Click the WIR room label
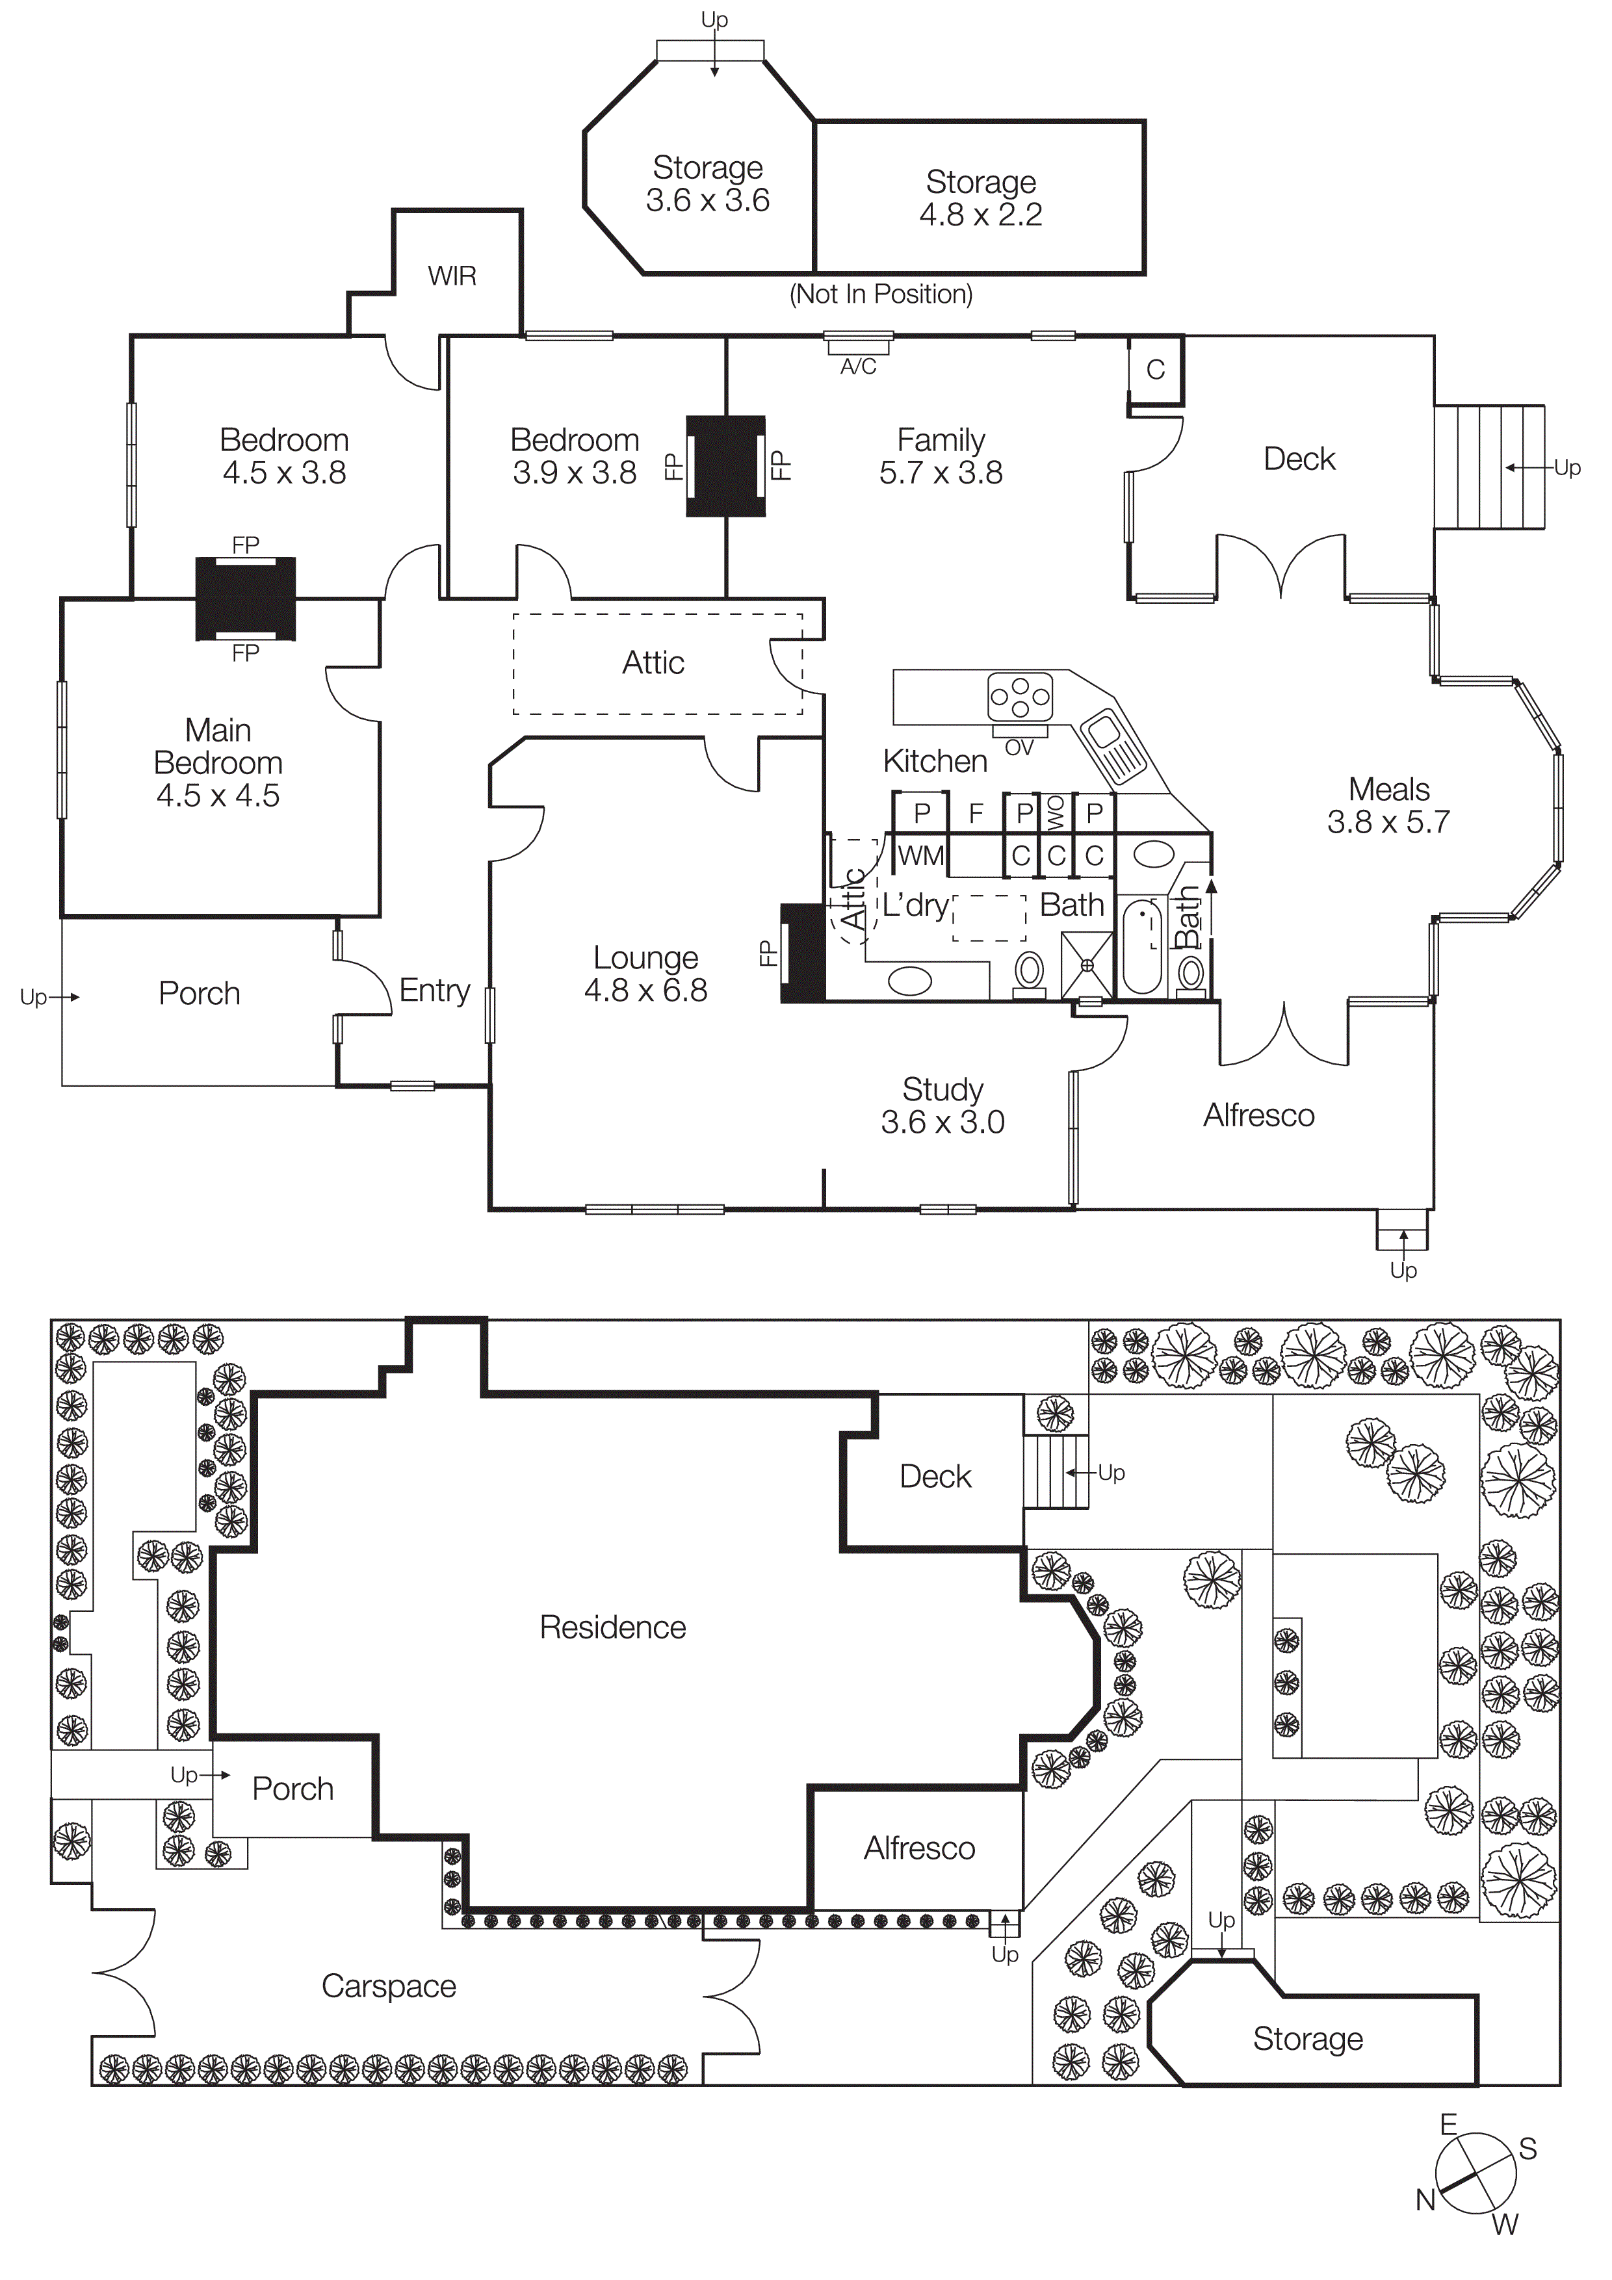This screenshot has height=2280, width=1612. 452,276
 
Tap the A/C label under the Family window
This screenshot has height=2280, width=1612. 858,367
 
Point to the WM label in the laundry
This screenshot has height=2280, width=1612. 920,855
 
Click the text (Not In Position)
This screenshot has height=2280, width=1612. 881,294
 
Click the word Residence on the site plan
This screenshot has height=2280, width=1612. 613,1627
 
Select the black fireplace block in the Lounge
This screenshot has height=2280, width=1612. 803,953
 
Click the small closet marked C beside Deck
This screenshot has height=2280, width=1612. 1155,369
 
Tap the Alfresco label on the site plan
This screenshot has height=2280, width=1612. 918,1848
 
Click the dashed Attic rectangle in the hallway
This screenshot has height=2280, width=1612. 656,664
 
